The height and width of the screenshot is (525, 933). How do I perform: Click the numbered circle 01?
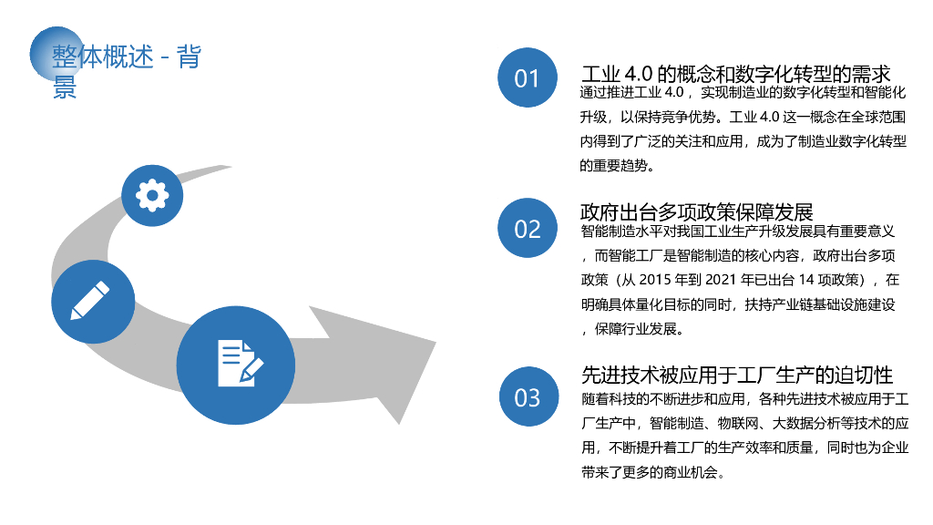pyautogui.click(x=527, y=77)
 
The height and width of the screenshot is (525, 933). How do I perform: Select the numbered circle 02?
pyautogui.click(x=527, y=228)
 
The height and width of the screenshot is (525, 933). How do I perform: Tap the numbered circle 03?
pyautogui.click(x=527, y=396)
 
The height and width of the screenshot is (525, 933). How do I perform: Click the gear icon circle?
pyautogui.click(x=152, y=194)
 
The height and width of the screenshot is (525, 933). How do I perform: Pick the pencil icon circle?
pyautogui.click(x=92, y=301)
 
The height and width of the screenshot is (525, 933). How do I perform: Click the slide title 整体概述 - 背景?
pyautogui.click(x=126, y=58)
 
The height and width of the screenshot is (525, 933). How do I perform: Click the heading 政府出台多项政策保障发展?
pyautogui.click(x=696, y=212)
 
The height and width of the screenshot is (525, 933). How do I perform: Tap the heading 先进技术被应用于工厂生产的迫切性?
pyautogui.click(x=736, y=375)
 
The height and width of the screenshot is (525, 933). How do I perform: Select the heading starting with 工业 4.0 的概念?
pyautogui.click(x=734, y=74)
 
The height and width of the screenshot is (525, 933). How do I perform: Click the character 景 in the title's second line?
pyautogui.click(x=65, y=87)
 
